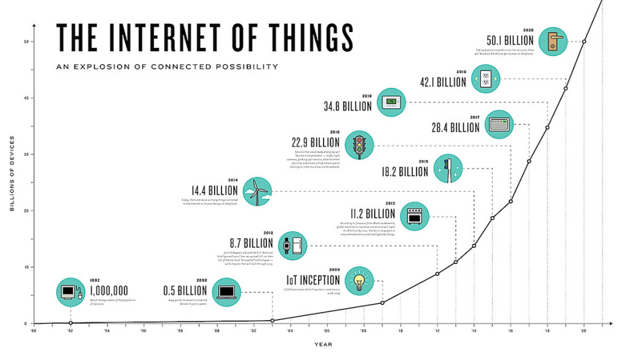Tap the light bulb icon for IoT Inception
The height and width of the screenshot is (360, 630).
[359, 281]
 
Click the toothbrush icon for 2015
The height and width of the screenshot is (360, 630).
[447, 169]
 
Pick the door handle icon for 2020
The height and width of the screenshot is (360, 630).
[551, 42]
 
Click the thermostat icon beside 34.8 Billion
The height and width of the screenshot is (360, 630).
[391, 102]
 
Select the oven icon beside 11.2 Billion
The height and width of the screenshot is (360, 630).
[413, 217]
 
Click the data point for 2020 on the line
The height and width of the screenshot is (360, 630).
[584, 42]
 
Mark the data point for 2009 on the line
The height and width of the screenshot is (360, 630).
[382, 303]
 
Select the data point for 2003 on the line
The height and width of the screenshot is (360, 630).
[272, 320]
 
